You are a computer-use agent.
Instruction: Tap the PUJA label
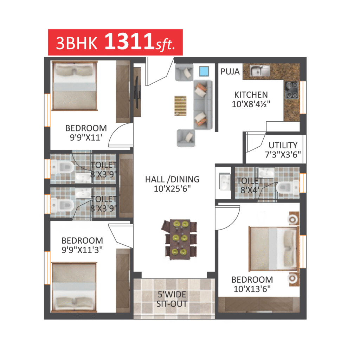(230, 72)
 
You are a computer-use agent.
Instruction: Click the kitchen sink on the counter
(260, 70)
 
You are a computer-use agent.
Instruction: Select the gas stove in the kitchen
(292, 90)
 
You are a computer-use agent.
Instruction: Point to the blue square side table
(204, 71)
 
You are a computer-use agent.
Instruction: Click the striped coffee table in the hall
(180, 105)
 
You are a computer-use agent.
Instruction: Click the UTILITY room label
(283, 145)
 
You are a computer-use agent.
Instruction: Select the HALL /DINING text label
(172, 179)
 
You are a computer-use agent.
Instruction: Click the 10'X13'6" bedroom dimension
(252, 289)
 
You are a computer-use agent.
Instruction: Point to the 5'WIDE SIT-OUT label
(172, 299)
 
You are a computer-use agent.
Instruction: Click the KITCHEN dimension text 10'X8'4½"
(251, 104)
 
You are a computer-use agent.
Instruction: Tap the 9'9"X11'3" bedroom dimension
(82, 250)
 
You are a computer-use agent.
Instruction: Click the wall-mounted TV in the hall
(137, 92)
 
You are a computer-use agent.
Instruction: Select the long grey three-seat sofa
(202, 105)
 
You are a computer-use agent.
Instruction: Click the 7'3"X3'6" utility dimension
(283, 155)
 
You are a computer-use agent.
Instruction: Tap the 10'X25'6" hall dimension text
(172, 189)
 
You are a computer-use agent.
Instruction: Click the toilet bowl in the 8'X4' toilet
(287, 187)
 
